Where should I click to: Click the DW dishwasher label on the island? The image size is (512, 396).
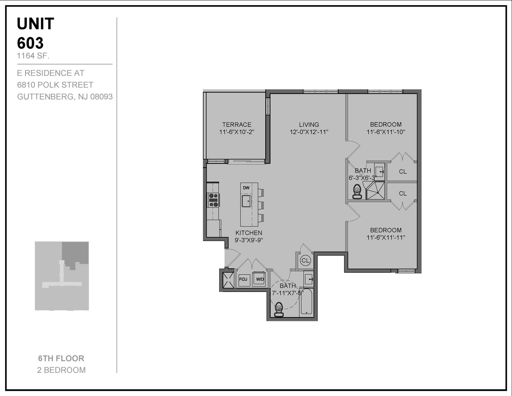click(246, 188)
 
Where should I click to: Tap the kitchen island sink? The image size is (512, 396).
click(246, 201)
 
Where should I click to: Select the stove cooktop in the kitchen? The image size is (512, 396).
click(213, 200)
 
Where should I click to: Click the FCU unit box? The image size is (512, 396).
click(243, 279)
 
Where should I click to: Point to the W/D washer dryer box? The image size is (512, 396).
click(259, 279)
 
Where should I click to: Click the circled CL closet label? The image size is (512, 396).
click(306, 260)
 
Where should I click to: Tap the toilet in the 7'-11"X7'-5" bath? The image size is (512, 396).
click(279, 309)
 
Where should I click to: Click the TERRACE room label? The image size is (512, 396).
click(237, 125)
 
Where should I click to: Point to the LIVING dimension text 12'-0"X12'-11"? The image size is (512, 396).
click(309, 132)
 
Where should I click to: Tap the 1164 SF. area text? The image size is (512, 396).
click(33, 56)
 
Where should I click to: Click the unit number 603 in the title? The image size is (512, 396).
click(30, 43)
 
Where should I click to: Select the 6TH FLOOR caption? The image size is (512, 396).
click(61, 358)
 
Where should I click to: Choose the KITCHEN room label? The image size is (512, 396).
click(249, 233)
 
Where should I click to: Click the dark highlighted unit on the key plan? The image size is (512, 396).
click(76, 252)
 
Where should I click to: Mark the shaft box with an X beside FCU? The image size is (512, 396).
click(228, 280)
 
